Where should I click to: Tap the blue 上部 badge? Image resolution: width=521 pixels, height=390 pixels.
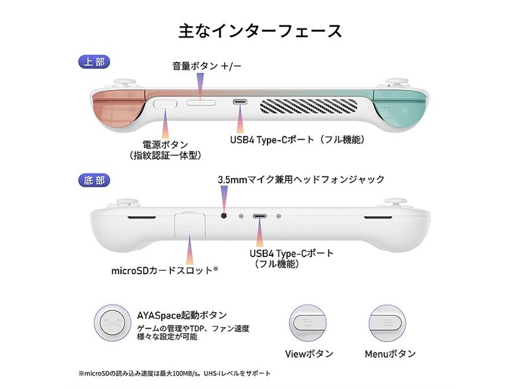tap(94, 62)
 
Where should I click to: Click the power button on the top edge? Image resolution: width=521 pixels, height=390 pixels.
tap(166, 103)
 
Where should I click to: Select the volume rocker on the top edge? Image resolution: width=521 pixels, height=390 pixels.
tap(201, 103)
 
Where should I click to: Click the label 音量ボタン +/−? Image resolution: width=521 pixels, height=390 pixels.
tap(207, 66)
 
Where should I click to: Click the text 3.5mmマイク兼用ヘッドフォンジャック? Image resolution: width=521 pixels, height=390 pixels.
tap(301, 179)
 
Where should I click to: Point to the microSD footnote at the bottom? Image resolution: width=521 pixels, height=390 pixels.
tap(174, 373)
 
